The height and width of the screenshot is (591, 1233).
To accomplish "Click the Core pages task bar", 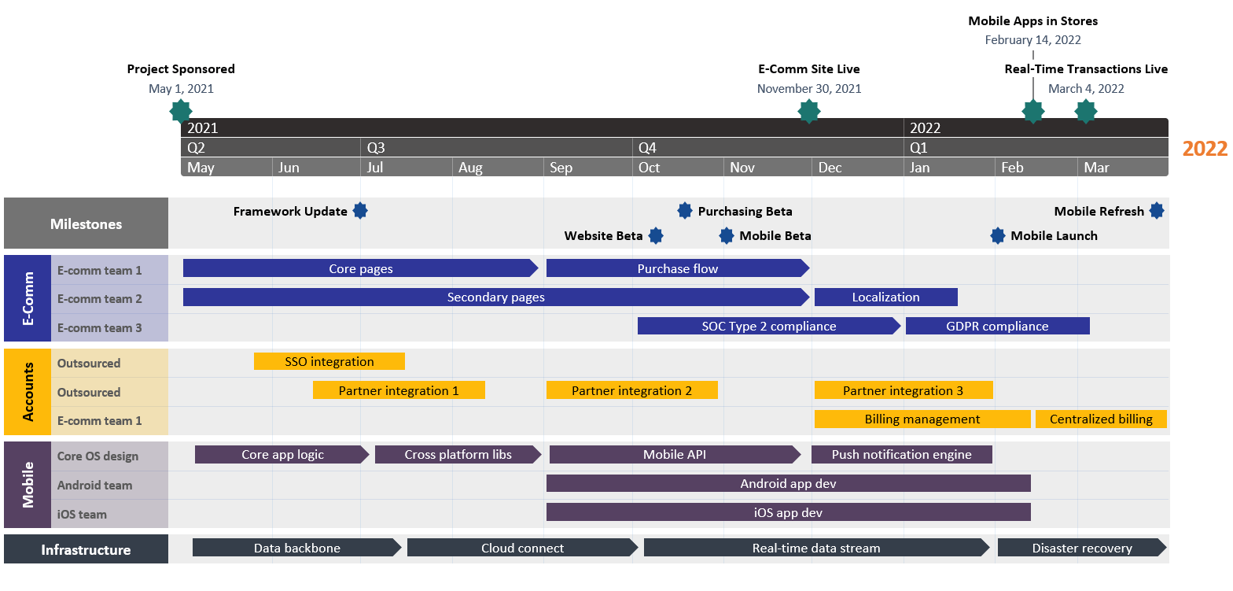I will click(360, 268).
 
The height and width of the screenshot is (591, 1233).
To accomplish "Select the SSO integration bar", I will click(329, 361).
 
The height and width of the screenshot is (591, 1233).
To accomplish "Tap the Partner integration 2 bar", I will click(631, 390).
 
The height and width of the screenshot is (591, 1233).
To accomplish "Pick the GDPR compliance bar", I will click(997, 326).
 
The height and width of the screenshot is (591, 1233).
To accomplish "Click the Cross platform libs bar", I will click(458, 454).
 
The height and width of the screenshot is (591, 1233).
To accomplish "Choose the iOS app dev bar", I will click(788, 512).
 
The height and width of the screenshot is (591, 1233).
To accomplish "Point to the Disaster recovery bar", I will click(1081, 548).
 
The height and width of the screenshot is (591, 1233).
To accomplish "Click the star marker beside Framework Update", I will click(360, 211).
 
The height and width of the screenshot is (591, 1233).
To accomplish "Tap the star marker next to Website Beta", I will click(655, 235).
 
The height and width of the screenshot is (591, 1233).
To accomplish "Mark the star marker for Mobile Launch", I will click(998, 235).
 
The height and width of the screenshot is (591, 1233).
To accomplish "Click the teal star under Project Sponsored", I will click(181, 111).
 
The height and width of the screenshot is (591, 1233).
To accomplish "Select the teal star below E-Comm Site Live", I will click(808, 111).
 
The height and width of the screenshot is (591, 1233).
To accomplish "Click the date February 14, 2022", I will click(1032, 40).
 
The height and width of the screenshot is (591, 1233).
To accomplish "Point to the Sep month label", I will click(561, 168).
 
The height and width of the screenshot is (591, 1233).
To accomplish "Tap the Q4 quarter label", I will click(647, 148).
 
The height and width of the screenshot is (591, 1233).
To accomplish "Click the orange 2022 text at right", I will click(1205, 149).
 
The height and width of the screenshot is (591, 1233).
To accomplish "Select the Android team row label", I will click(94, 485).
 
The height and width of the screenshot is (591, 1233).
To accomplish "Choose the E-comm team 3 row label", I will click(100, 327).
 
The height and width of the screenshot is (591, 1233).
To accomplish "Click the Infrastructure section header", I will click(86, 549).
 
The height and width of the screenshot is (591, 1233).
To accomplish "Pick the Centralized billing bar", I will click(1100, 419).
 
